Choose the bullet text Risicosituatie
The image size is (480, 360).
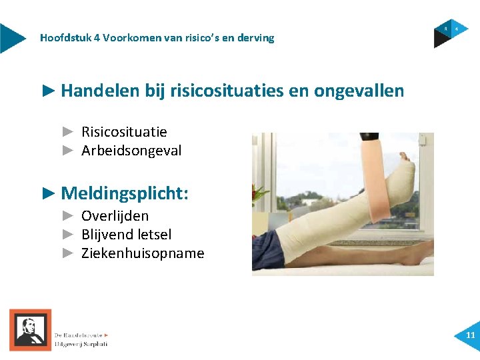(x=124, y=132)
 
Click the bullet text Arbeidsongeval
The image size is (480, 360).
(x=131, y=151)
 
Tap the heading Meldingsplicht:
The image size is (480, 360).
(x=125, y=194)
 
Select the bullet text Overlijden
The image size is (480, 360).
(x=115, y=216)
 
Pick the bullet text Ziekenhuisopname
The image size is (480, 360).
(x=143, y=253)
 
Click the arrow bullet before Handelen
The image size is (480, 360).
(x=49, y=91)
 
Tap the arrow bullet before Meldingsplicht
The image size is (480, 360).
(x=49, y=194)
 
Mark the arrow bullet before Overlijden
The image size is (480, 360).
(x=68, y=216)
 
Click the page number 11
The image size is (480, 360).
(x=471, y=335)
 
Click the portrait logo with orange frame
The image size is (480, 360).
(x=30, y=329)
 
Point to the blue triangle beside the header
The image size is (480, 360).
(x=11, y=38)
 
